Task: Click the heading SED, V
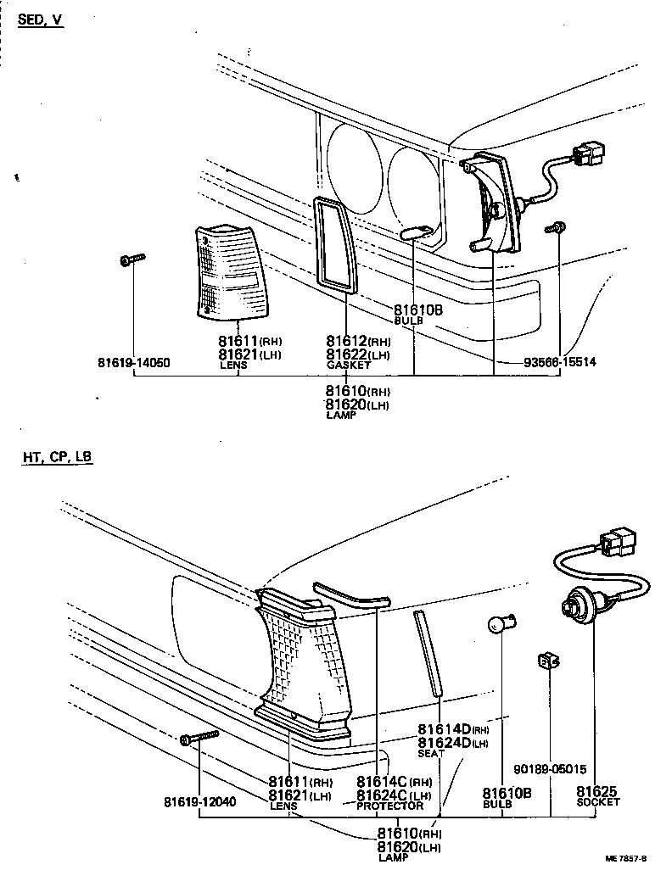pos(41,20)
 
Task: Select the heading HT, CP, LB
pos(58,457)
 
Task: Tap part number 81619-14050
pos(133,363)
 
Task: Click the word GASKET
pos(349,365)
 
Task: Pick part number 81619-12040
pos(199,801)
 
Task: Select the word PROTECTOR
pos(389,806)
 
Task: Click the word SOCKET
pos(598,802)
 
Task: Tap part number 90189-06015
pos(550,770)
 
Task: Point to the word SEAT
pos(431,753)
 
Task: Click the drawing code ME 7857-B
pos(626,859)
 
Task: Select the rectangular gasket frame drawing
pos(333,241)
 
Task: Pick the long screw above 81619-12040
pos(199,738)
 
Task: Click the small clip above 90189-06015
pos(547,661)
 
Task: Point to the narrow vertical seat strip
pos(428,652)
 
